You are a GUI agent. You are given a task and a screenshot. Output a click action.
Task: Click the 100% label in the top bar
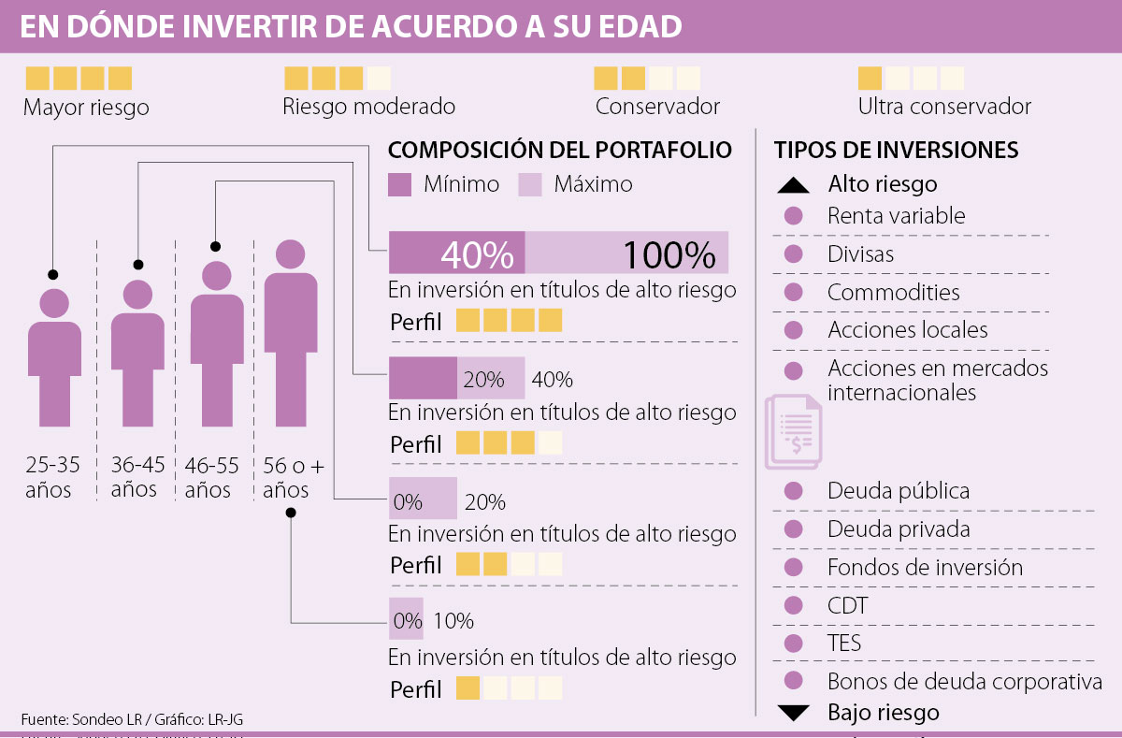[669, 254]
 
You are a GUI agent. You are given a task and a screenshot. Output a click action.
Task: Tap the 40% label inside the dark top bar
[477, 254]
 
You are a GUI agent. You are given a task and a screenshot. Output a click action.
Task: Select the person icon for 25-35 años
[54, 360]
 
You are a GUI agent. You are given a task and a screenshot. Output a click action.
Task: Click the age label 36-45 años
[137, 476]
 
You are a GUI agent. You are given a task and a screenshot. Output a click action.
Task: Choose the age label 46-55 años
[211, 476]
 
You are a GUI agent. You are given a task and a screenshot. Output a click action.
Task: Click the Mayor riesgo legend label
[86, 107]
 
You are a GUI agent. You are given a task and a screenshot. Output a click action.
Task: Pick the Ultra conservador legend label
[944, 107]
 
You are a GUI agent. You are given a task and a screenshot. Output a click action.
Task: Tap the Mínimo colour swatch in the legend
[400, 184]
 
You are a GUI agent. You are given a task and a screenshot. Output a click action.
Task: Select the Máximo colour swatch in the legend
[530, 184]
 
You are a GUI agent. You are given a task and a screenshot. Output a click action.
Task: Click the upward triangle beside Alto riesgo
[794, 185]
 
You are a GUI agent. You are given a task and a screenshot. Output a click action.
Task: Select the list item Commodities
[893, 292]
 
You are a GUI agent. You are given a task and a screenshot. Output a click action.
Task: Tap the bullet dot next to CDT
[794, 605]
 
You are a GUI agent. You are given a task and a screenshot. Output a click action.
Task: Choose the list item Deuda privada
[898, 529]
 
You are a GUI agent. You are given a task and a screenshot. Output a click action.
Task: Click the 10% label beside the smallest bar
[453, 621]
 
